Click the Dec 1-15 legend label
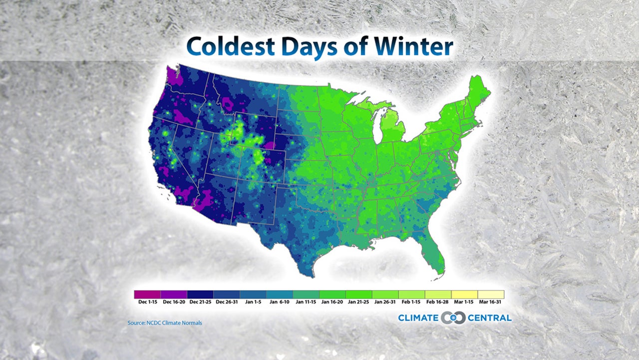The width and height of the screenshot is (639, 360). point(147,302)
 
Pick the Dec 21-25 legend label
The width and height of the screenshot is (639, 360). point(200,302)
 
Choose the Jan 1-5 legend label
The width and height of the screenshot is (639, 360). point(253,302)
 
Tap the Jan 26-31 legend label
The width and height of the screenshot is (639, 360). point(385,302)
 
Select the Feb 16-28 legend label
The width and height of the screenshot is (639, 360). point(438,302)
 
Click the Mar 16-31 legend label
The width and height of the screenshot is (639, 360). point(491,302)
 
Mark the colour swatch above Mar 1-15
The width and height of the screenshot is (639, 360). point(465,294)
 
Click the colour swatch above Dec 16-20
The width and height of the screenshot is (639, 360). point(174,294)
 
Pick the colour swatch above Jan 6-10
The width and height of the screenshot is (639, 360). point(280,294)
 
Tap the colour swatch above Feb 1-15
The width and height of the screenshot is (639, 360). point(412,294)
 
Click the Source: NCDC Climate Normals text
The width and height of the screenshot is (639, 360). point(165,323)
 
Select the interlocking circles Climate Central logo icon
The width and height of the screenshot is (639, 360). point(453,318)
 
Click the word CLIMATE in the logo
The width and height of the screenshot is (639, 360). point(418,318)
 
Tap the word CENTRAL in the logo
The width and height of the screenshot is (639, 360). point(490,318)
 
